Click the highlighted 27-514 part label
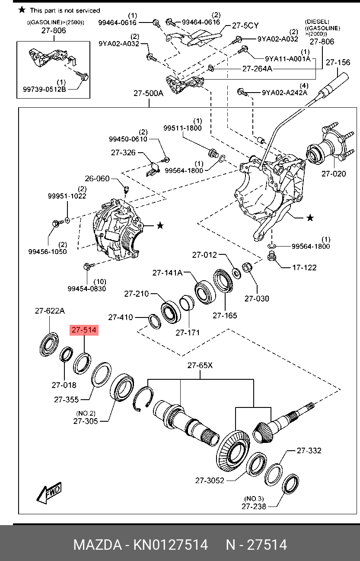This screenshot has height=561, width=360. point(84,330)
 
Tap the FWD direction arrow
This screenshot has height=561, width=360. point(49,493)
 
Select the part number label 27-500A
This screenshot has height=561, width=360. point(148,93)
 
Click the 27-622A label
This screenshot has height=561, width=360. point(49,311)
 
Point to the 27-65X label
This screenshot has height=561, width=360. point(200,365)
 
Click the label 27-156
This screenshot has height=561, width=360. point(338,62)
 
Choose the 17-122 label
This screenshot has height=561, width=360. point(304,267)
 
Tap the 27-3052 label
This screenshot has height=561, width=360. point(210,480)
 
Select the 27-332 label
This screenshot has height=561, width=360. point(309,450)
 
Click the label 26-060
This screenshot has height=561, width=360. point(97,178)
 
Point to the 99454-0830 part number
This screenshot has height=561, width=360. point(86,289)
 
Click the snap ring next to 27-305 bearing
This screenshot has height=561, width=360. point(143,400)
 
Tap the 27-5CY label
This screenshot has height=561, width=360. point(245,25)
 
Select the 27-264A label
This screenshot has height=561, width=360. point(257,68)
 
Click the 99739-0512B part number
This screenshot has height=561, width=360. point(45,90)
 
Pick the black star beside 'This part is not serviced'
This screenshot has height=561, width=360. point(22,10)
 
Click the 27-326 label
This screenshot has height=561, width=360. point(123,153)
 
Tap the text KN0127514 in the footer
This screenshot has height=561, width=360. point(171,545)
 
